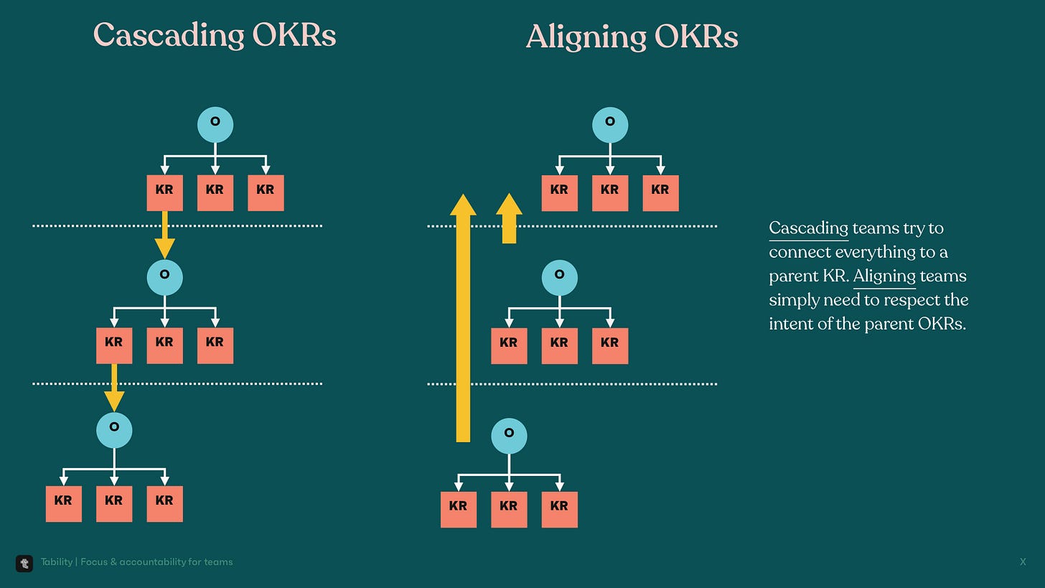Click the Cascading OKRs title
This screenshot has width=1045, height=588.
215,35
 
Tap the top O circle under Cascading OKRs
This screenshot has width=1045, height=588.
215,124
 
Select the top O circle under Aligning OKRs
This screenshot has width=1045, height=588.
610,125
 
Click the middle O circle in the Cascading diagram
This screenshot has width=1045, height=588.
164,277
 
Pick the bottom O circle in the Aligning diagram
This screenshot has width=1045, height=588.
509,436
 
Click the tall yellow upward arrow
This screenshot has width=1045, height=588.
463,323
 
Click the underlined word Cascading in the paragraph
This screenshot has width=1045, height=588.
808,228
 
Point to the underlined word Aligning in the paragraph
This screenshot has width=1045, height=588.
884,276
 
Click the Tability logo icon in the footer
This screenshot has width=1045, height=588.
24,563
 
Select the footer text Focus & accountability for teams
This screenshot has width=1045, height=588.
156,562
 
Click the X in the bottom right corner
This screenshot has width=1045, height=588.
1023,562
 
